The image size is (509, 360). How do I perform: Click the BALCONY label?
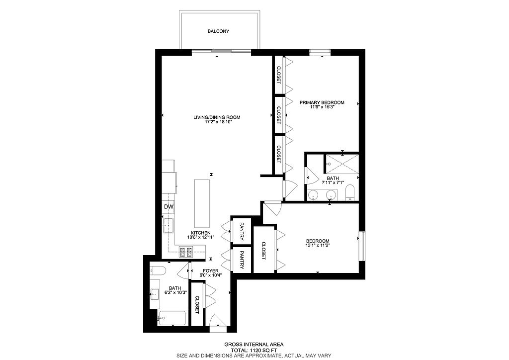pyautogui.click(x=219, y=31)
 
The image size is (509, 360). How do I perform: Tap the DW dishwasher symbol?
pyautogui.click(x=169, y=207)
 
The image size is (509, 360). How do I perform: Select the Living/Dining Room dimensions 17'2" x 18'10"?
pyautogui.click(x=217, y=122)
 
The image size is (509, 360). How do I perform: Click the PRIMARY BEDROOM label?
pyautogui.click(x=322, y=102)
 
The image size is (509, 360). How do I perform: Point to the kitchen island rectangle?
pyautogui.click(x=202, y=203)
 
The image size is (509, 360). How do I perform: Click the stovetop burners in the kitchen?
pyautogui.click(x=186, y=252)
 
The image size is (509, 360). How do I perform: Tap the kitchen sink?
pyautogui.click(x=169, y=226)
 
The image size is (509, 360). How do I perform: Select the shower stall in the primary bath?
pyautogui.click(x=342, y=164)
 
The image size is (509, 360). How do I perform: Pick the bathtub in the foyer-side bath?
pyautogui.click(x=171, y=318)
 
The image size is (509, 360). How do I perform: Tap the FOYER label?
pyautogui.click(x=211, y=270)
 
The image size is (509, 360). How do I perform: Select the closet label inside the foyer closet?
pyautogui.click(x=197, y=304)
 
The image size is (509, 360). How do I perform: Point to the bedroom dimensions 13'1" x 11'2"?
pyautogui.click(x=318, y=246)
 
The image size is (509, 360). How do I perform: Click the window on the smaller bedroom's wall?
pyautogui.click(x=362, y=246)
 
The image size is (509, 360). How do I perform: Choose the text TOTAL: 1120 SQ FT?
pyautogui.click(x=254, y=350)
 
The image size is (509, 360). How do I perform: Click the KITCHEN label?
pyautogui.click(x=201, y=233)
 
